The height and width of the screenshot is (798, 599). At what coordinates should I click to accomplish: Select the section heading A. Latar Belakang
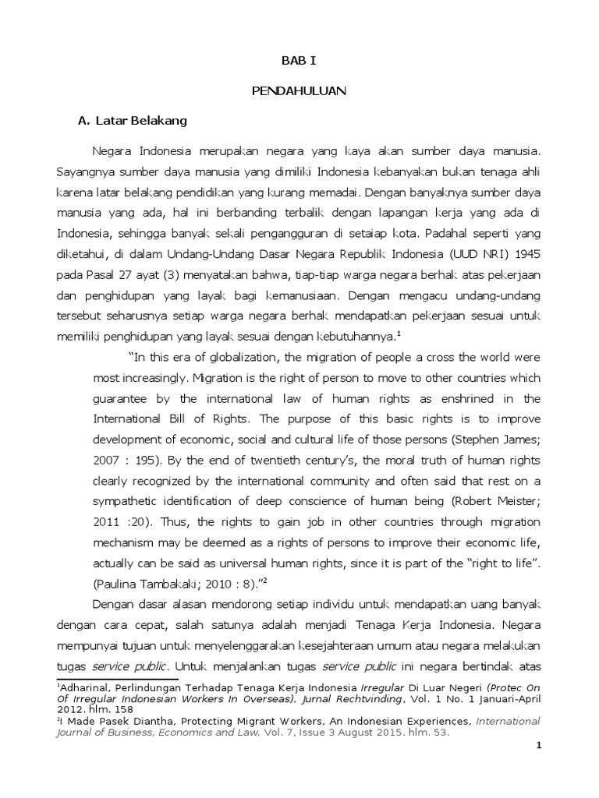pyautogui.click(x=132, y=122)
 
